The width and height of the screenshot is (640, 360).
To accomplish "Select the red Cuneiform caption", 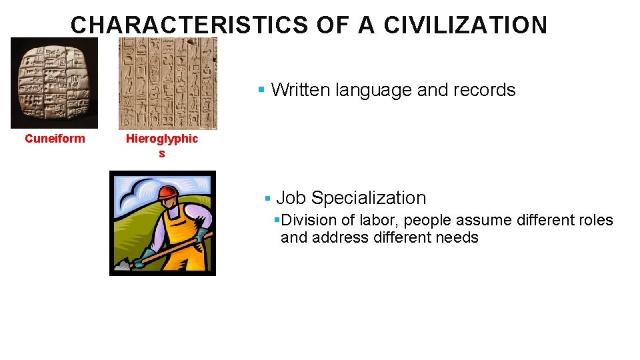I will [x=55, y=139].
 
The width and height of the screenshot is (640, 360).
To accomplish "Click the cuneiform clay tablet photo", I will [x=54, y=83].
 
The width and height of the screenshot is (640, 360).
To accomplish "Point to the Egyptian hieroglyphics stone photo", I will [x=167, y=83].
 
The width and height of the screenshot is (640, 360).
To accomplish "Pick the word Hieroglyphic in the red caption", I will [x=162, y=139].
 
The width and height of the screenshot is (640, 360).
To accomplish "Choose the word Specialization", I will [x=369, y=198].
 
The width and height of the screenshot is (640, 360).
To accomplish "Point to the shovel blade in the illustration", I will [x=121, y=265].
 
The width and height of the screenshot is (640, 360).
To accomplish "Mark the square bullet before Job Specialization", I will [x=267, y=199].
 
